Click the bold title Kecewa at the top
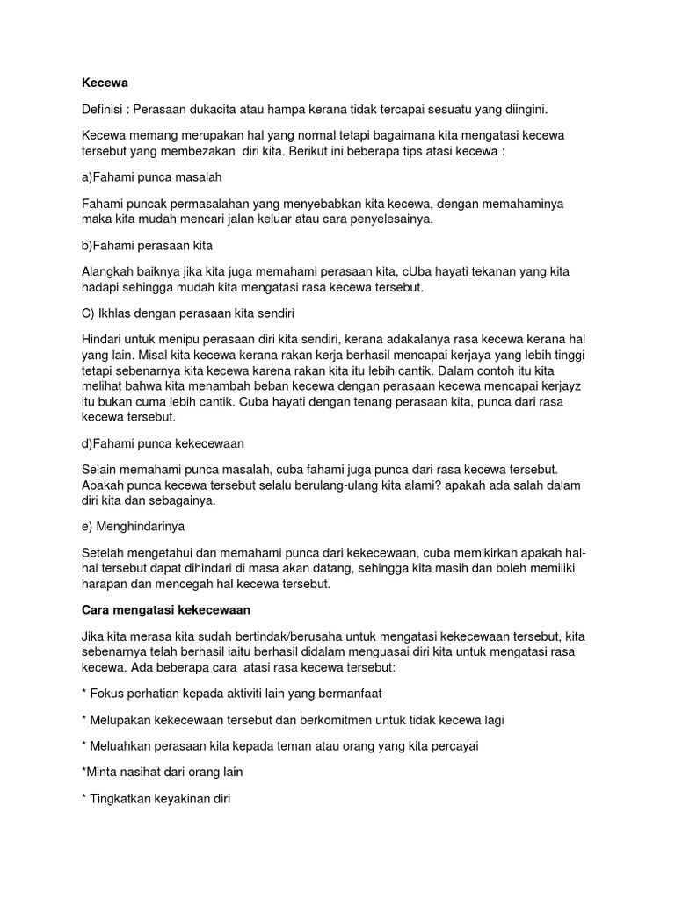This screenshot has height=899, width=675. (x=105, y=83)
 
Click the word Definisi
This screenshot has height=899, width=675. (x=105, y=110)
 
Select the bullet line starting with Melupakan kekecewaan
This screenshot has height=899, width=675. (x=296, y=720)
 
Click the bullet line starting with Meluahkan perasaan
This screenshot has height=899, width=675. (x=283, y=746)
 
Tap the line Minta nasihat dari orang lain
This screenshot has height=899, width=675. (x=161, y=773)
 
